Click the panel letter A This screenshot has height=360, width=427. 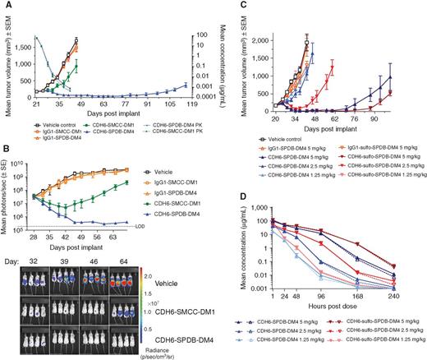click(6, 7)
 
